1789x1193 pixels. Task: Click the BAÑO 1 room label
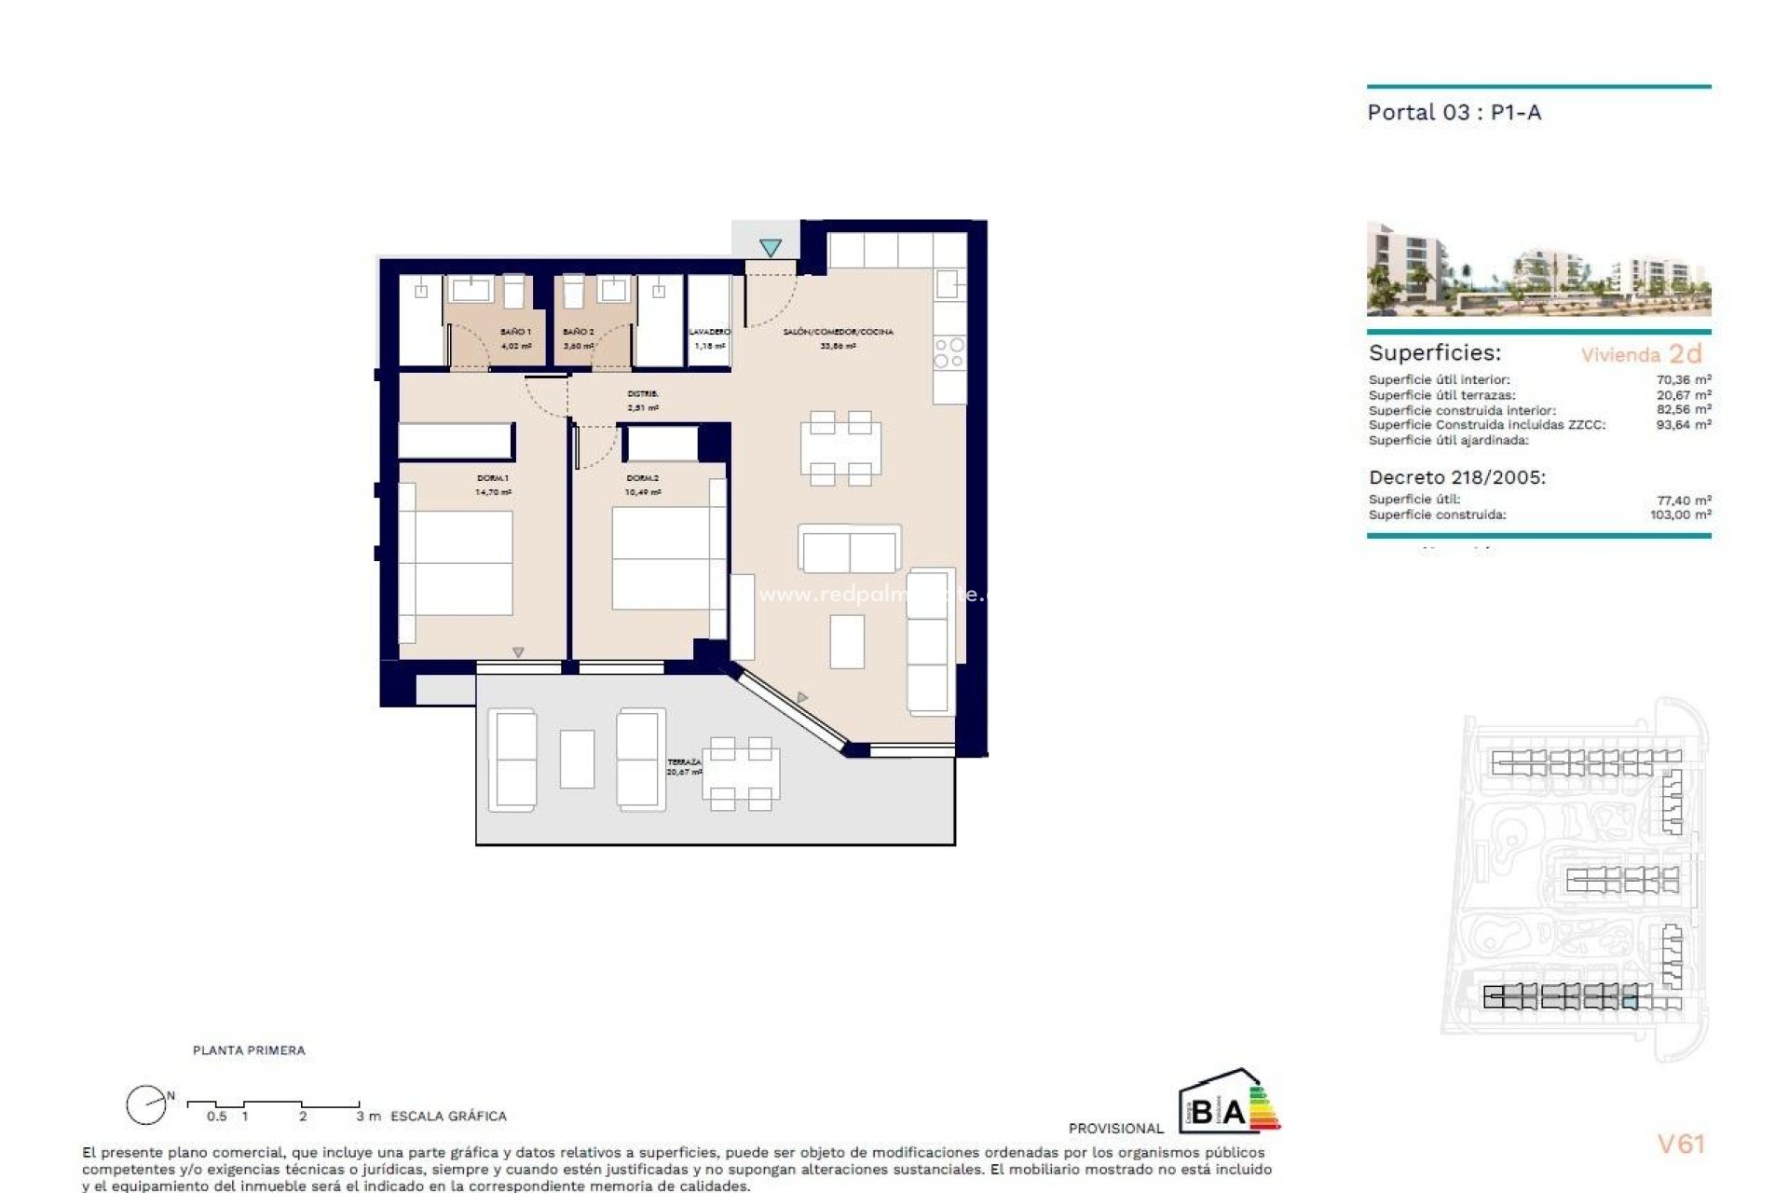coord(515,332)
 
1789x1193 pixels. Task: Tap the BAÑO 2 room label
coord(579,332)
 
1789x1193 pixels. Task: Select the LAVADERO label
coord(710,332)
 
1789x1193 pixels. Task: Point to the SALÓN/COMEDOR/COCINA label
coord(838,332)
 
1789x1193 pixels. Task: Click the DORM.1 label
coord(493,478)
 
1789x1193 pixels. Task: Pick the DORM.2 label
coord(643,478)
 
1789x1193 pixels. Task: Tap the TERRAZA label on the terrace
coord(684,762)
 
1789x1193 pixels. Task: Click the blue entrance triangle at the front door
coord(770,248)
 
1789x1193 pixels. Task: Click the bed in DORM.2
coord(662,557)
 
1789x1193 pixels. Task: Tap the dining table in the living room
coord(840,448)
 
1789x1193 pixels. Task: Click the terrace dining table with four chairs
coord(741,774)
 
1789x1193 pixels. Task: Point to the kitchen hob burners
coord(949,353)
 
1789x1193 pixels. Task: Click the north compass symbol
coord(147,1105)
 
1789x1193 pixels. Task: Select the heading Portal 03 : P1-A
coord(1454,113)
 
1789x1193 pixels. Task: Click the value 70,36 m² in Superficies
coord(1683,379)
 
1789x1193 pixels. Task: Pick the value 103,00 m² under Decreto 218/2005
coord(1680,514)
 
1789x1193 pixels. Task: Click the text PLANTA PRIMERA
coord(249,1050)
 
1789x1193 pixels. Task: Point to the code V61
coord(1680,1144)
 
